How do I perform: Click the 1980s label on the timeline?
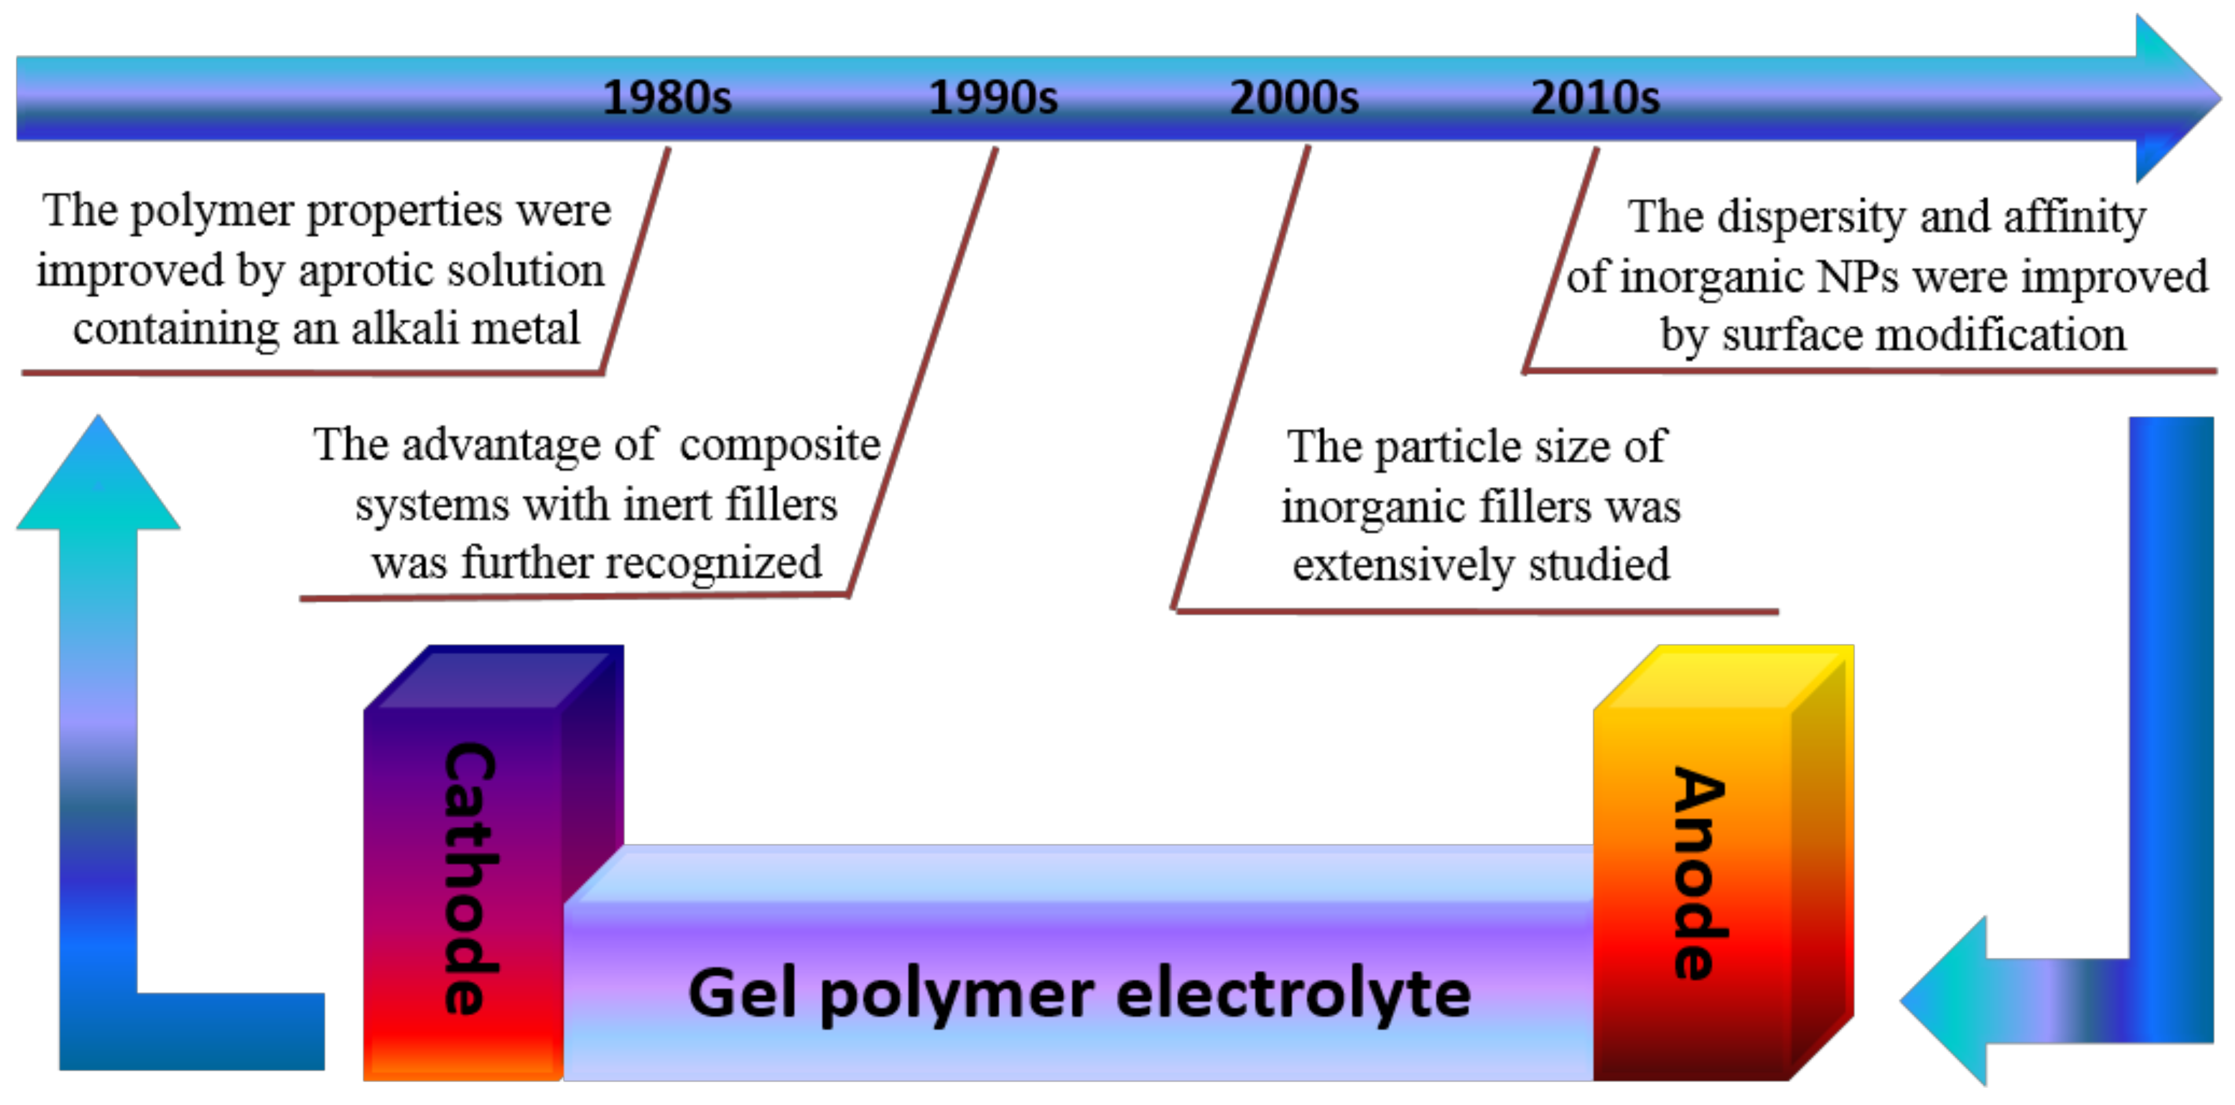click(x=666, y=97)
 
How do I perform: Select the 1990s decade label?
click(x=993, y=97)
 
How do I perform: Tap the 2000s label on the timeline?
click(x=1294, y=97)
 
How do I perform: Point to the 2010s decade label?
click(x=1595, y=97)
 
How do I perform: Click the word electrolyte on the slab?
click(x=1293, y=995)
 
